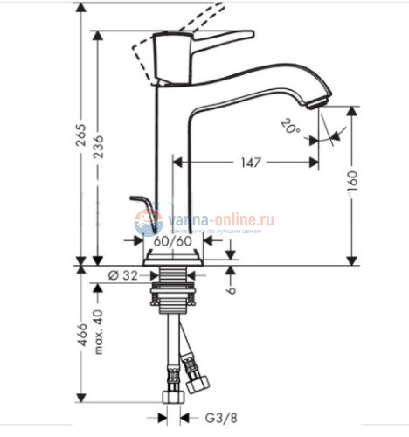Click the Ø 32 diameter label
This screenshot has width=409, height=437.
[x=122, y=275]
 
